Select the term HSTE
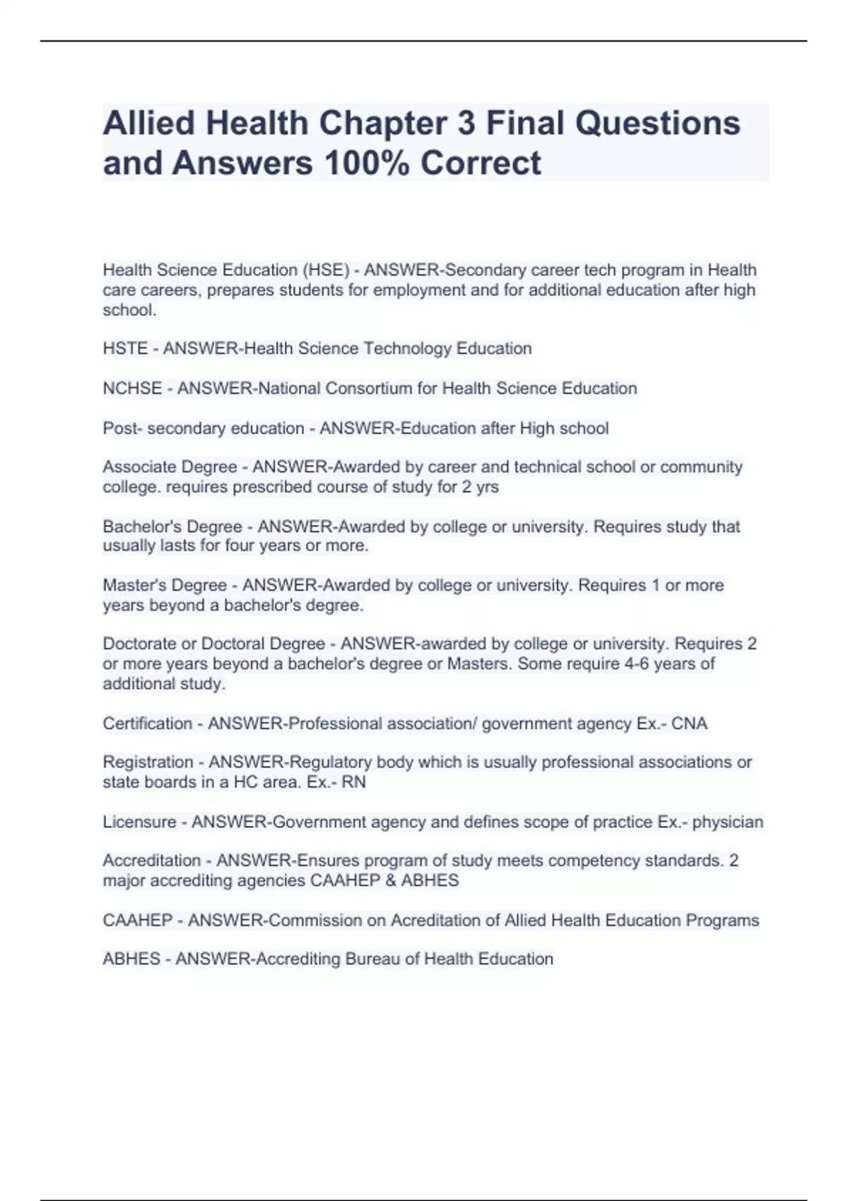[124, 349]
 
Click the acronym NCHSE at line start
[132, 389]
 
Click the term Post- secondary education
[204, 428]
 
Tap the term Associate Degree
[170, 467]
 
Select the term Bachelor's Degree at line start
[172, 526]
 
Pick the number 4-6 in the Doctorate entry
[635, 664]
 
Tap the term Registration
[148, 762]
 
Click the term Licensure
[139, 822]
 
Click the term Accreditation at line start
[152, 860]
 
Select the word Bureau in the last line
[372, 959]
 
